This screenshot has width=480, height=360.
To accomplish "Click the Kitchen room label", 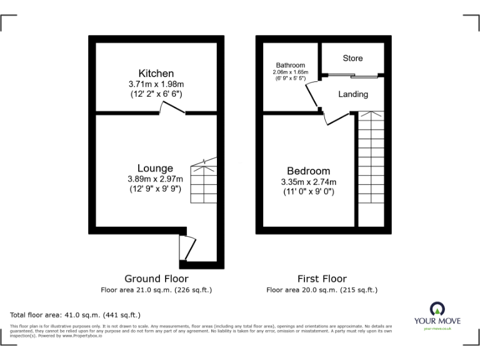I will click(x=156, y=73).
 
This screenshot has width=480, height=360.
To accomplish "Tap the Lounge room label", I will click(x=156, y=168).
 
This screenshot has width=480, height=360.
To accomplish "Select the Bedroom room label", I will click(x=308, y=171).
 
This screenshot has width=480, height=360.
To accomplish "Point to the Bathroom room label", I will click(x=291, y=66).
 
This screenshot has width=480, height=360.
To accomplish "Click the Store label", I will click(x=352, y=58).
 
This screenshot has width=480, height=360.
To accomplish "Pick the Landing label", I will click(x=353, y=94).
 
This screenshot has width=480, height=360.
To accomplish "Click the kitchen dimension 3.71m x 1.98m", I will click(x=156, y=84).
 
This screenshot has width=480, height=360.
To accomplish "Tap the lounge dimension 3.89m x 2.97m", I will click(x=156, y=178).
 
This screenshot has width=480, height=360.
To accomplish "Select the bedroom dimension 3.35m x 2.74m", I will click(x=308, y=182).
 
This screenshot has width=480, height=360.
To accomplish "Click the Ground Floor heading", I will click(x=156, y=279).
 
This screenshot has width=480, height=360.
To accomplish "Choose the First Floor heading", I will click(x=322, y=279).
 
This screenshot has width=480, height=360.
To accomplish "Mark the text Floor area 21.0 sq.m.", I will click(x=156, y=290).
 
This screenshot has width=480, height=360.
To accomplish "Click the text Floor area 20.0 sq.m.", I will click(x=322, y=290).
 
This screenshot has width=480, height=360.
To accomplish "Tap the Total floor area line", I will click(x=76, y=315).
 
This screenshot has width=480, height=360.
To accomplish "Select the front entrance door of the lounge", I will click(x=187, y=247).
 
